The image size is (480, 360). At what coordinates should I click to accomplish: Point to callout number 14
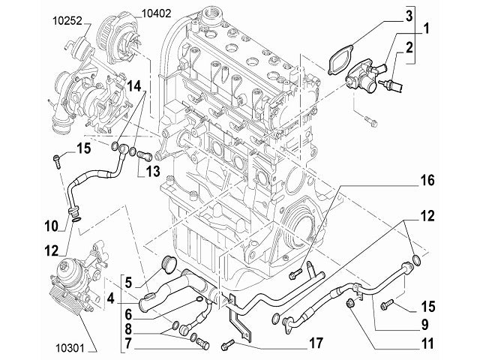(133, 86)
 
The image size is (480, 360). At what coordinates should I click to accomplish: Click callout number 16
(426, 181)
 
